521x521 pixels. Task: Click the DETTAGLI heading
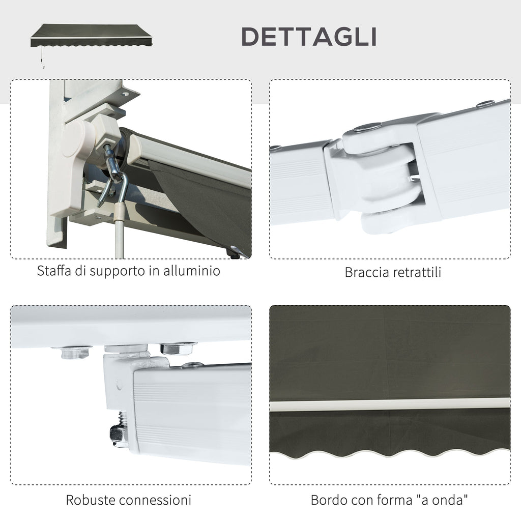(309, 37)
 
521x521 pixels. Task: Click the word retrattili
(417, 272)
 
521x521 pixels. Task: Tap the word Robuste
(90, 500)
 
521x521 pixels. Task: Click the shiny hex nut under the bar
(178, 348)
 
